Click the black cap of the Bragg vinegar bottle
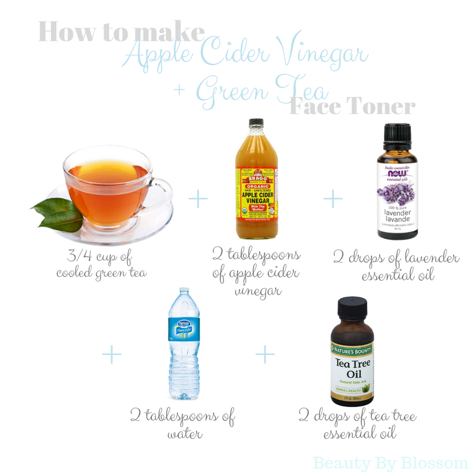click(256, 123)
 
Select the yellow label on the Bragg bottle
click(257, 194)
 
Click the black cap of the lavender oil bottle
click(397, 135)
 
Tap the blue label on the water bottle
click(184, 329)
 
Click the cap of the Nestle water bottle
click(184, 290)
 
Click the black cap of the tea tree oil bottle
click(352, 308)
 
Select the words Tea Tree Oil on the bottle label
click(352, 368)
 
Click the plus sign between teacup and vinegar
click(198, 199)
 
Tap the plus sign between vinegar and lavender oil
click(333, 199)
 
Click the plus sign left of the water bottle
click(112, 354)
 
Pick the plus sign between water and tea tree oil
click(265, 354)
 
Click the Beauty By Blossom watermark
click(390, 462)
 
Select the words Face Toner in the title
click(353, 106)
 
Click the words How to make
click(121, 32)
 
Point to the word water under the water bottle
click(184, 434)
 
